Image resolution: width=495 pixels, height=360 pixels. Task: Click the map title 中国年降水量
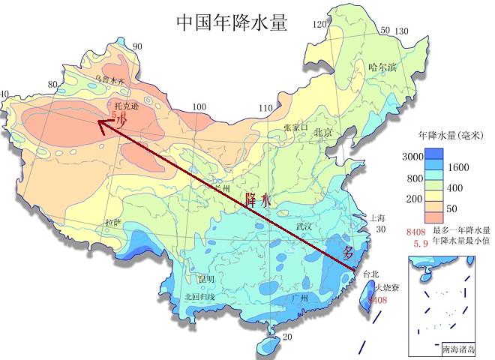(x=232, y=22)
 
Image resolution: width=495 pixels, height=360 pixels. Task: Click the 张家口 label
(x=295, y=127)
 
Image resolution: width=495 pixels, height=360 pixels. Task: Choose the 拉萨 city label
(x=112, y=223)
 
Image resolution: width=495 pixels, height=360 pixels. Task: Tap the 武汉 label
(x=306, y=225)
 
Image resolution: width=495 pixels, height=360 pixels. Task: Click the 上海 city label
(x=377, y=218)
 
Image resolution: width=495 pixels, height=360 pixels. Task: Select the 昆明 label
(x=205, y=279)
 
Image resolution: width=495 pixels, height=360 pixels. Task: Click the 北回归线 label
(x=199, y=297)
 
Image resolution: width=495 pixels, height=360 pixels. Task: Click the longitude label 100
(x=199, y=107)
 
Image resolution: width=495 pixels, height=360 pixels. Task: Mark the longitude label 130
(x=401, y=31)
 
